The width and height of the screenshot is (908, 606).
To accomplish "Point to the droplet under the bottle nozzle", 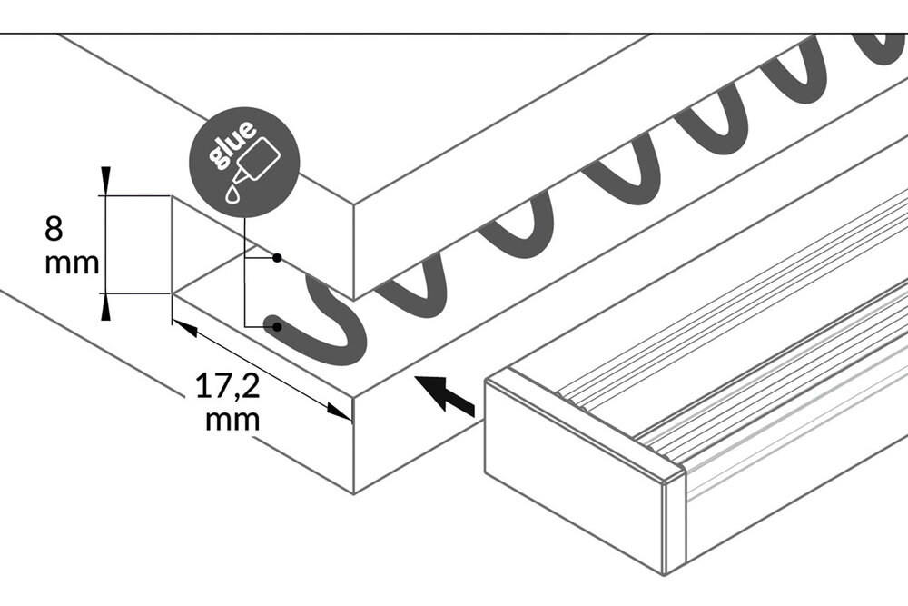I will [234, 193].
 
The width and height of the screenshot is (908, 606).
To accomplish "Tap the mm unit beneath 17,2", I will [232, 420].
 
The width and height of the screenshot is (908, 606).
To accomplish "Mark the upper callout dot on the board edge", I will [277, 259].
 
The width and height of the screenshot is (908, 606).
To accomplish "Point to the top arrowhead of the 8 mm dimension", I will [106, 178].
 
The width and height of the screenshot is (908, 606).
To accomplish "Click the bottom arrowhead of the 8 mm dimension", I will [106, 309].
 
